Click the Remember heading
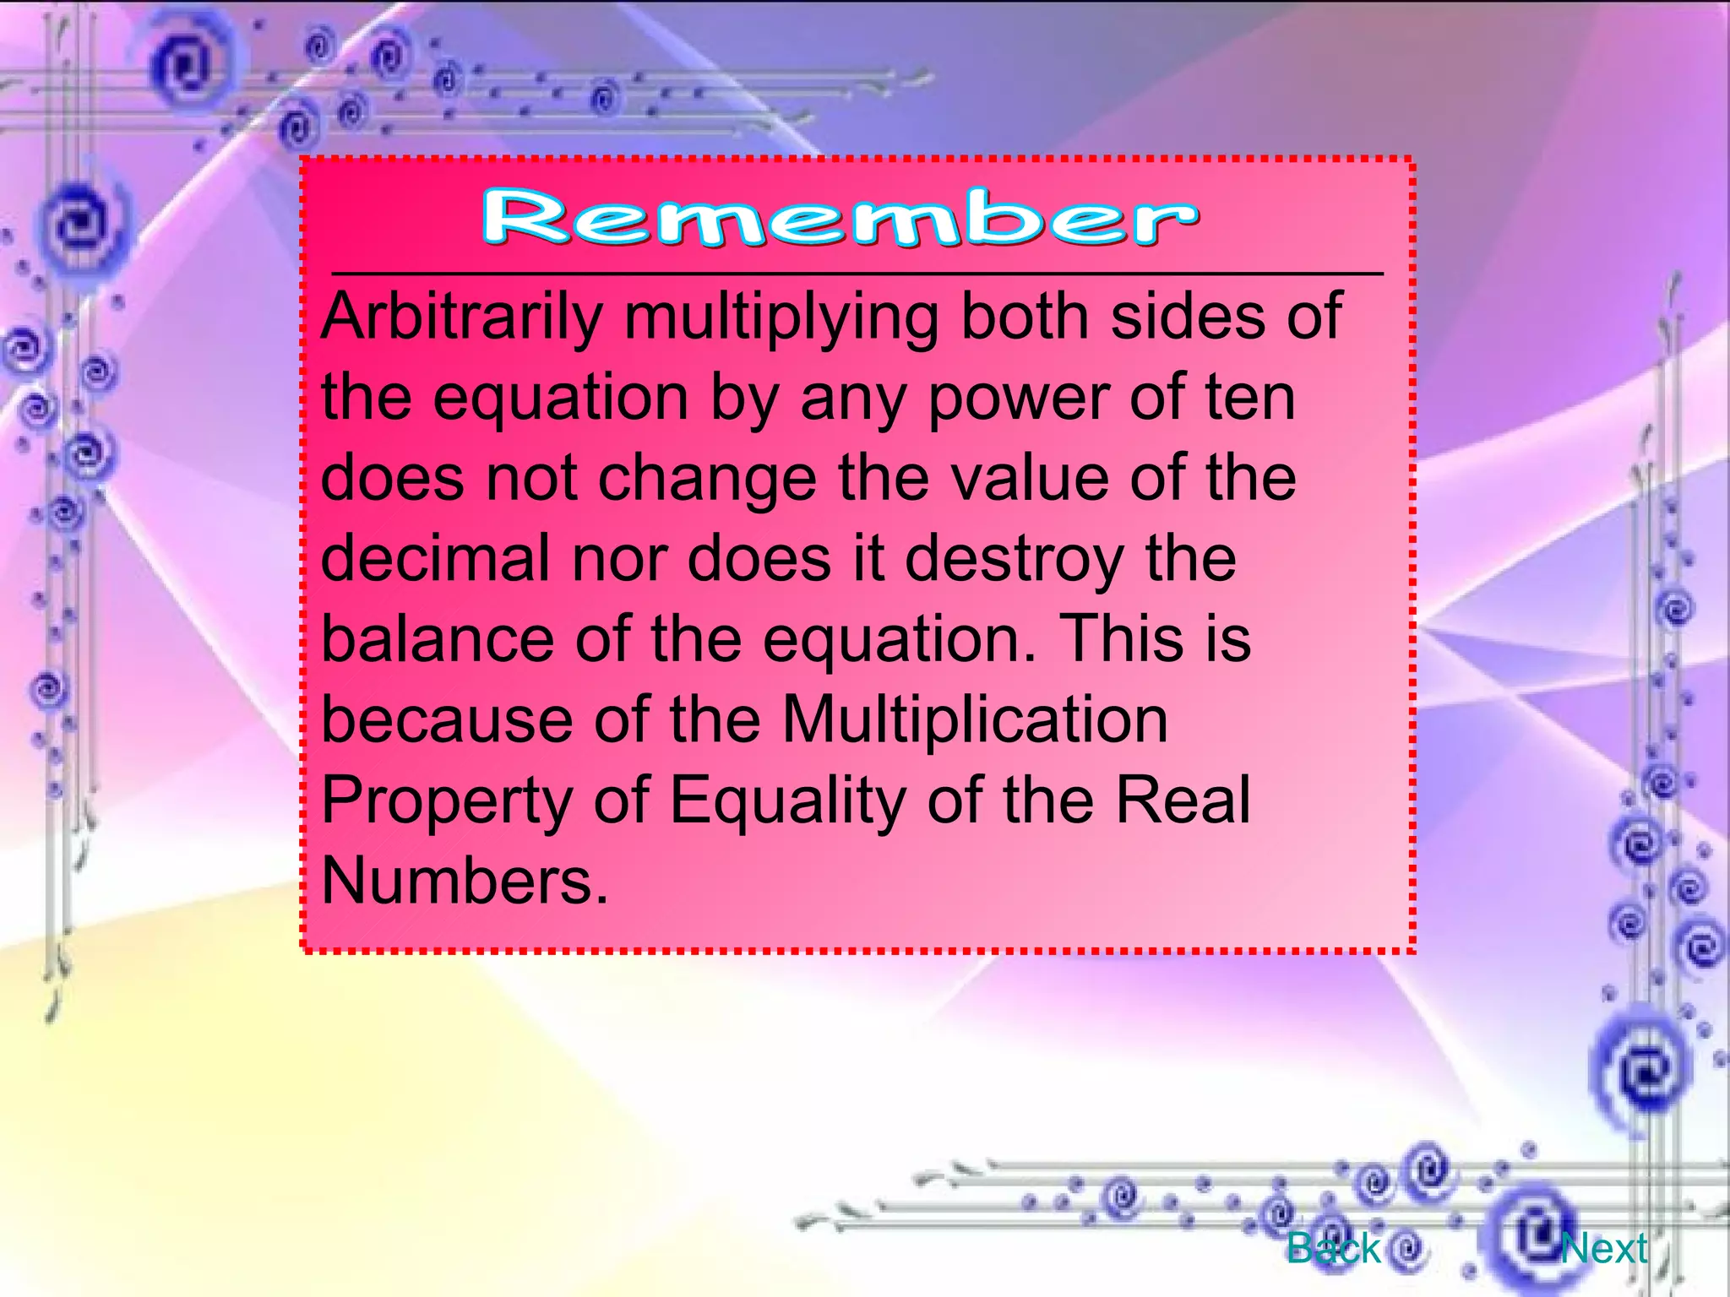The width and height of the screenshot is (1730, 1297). click(x=840, y=218)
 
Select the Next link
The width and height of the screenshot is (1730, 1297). click(x=1603, y=1248)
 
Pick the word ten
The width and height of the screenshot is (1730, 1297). click(x=1249, y=398)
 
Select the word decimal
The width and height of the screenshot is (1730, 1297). click(x=435, y=558)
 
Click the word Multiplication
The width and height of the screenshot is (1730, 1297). click(x=975, y=719)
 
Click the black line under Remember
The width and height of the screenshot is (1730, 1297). click(x=857, y=274)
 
